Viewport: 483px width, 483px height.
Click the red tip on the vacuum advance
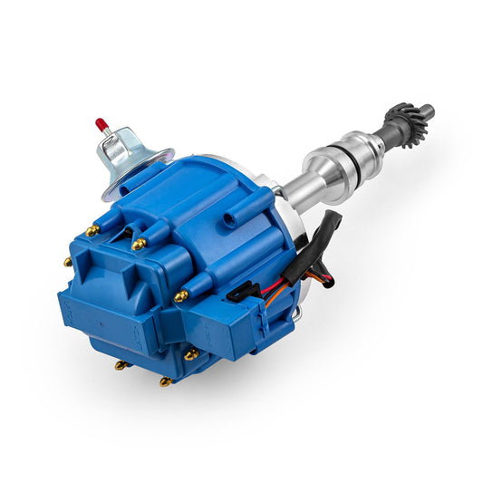(100, 122)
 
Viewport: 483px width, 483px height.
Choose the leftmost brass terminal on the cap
(68, 263)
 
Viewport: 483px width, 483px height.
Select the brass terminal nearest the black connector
(180, 296)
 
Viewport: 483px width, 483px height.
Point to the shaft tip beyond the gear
(427, 112)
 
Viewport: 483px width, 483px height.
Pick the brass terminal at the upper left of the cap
(92, 231)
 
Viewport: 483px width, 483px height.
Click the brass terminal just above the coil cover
(139, 244)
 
